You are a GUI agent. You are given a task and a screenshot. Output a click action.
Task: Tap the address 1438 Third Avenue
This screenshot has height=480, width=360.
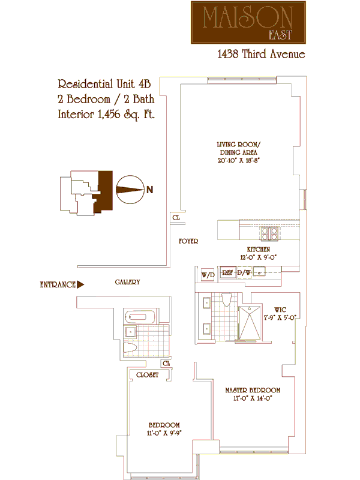(x=261, y=55)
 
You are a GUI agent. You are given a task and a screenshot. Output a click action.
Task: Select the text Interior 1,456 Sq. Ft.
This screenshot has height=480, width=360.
(x=106, y=114)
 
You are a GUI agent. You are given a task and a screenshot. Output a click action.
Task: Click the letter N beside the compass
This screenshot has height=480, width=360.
(x=150, y=190)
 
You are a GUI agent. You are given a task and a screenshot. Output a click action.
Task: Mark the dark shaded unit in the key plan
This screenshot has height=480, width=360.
(x=105, y=191)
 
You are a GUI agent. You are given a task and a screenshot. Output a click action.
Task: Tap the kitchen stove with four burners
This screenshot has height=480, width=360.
(x=267, y=232)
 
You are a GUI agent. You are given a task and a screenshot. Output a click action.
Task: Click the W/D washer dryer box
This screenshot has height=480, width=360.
(x=208, y=275)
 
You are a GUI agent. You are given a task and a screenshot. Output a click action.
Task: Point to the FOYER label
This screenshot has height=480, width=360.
(x=188, y=241)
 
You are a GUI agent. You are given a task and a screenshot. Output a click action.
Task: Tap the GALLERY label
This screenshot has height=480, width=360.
(x=127, y=282)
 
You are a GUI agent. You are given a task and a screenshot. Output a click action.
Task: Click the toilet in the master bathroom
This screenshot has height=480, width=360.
(x=227, y=298)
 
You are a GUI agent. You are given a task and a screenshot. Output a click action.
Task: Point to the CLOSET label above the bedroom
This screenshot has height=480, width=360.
(x=147, y=374)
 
